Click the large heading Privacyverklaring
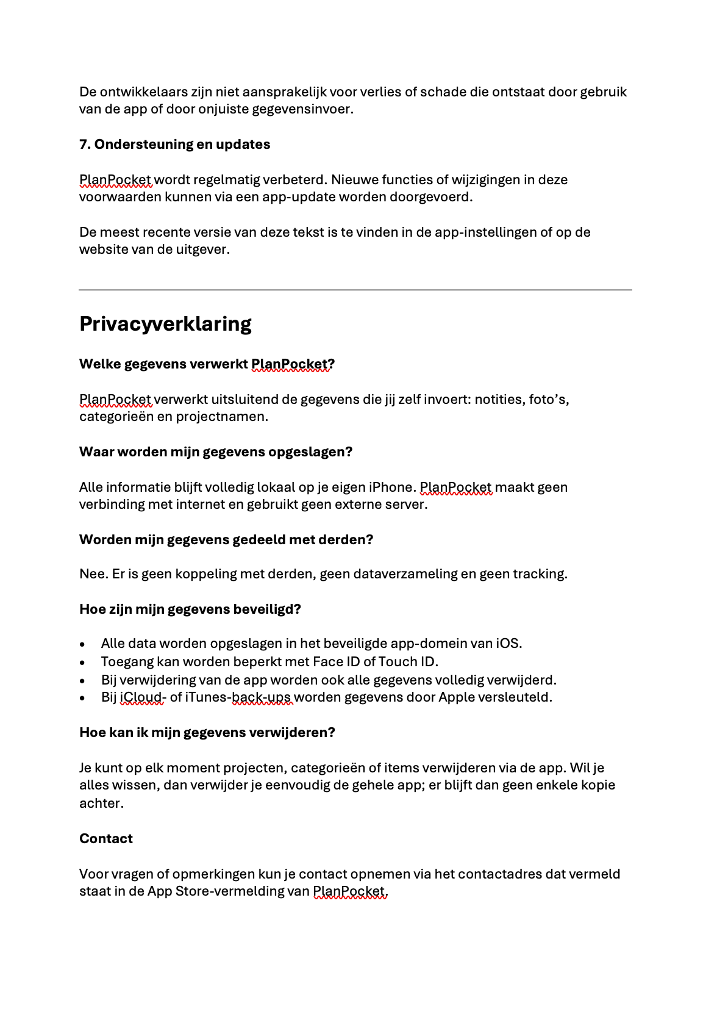tap(165, 324)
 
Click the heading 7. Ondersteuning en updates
tap(174, 145)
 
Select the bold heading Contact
tap(106, 839)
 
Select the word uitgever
tap(204, 250)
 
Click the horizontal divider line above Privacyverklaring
tap(355, 290)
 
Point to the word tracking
tap(539, 574)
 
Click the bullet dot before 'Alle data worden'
tap(83, 644)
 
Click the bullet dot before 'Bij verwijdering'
tap(83, 680)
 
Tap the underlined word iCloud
tap(140, 697)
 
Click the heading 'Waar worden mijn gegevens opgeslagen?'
tap(216, 452)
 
